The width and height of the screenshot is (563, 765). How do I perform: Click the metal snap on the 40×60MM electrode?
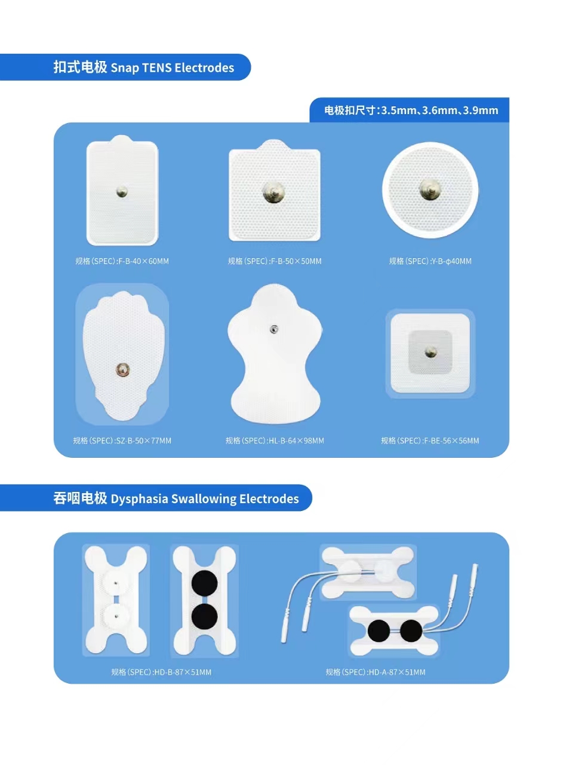[x=122, y=192]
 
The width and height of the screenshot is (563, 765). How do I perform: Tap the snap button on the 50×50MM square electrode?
[x=274, y=192]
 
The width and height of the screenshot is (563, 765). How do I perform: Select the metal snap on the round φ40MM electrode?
[x=430, y=190]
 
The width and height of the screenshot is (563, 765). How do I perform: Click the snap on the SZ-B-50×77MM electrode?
[x=122, y=370]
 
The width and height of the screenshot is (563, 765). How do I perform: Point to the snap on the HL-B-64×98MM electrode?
[x=274, y=329]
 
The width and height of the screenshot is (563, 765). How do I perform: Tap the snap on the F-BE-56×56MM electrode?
[x=430, y=352]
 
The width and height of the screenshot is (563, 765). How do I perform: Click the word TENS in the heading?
[x=156, y=68]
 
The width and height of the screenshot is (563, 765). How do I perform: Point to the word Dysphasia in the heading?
[x=139, y=499]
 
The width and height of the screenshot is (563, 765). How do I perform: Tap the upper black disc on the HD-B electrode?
[x=204, y=583]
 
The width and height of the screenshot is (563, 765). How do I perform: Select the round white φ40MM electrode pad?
[x=430, y=190]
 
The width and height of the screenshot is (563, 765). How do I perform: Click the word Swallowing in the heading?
[x=204, y=499]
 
